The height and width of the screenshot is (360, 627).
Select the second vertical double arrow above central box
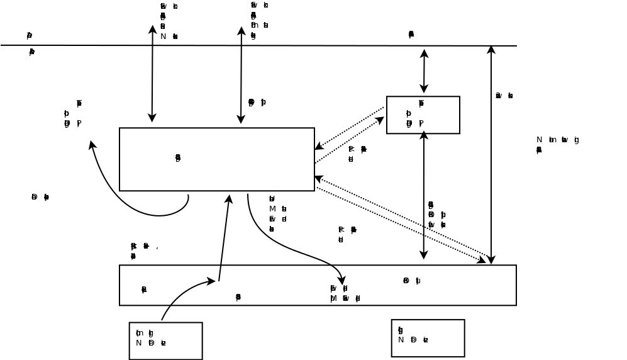click(241, 75)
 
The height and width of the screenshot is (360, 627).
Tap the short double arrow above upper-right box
click(424, 71)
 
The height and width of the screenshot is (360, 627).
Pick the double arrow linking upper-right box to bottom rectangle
click(424, 195)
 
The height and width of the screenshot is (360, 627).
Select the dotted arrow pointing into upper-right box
click(350, 139)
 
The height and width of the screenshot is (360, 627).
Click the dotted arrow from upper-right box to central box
click(349, 128)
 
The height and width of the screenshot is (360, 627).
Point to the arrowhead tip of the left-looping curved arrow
click(91, 142)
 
